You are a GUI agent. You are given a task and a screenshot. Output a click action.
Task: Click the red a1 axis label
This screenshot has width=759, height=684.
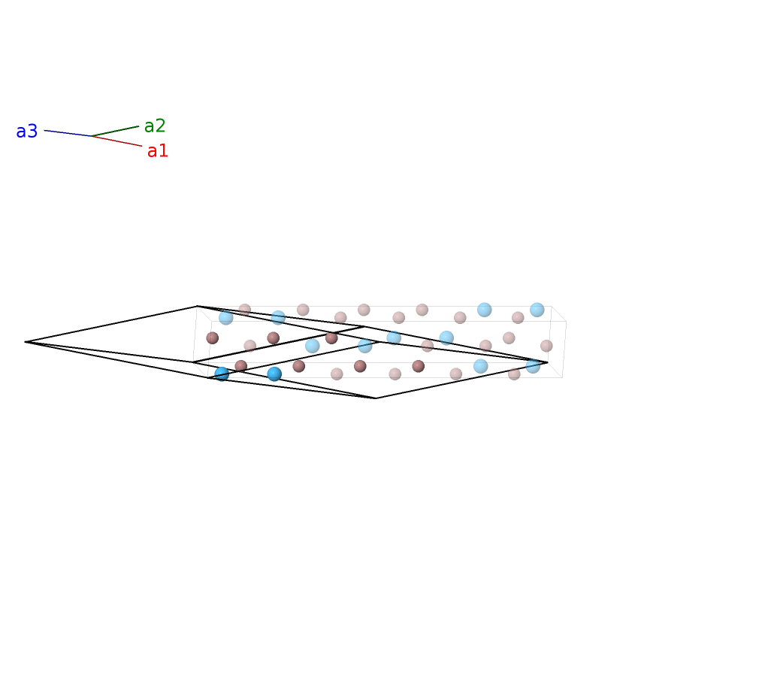(x=157, y=151)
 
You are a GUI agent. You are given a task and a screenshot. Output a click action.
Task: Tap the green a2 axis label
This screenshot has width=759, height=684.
(x=155, y=126)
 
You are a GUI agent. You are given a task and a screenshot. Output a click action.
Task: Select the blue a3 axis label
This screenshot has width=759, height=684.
(x=26, y=132)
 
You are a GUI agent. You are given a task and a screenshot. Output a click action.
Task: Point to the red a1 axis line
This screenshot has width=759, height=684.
(x=116, y=141)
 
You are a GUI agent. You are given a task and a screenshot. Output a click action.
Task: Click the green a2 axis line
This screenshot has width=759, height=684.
(x=115, y=132)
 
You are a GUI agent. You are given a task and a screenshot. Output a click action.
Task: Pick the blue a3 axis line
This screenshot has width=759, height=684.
(x=68, y=133)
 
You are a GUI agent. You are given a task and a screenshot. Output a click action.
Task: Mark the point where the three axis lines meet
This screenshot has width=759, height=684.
(x=92, y=136)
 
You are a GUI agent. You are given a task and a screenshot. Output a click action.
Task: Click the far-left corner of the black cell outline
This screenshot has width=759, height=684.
(x=25, y=342)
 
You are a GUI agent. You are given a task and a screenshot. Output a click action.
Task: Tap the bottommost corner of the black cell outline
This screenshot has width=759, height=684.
(x=376, y=398)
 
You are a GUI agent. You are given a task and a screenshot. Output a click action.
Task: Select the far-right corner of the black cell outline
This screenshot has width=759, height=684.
(x=548, y=362)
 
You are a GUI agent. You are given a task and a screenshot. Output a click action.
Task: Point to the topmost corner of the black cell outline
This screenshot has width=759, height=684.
(x=197, y=306)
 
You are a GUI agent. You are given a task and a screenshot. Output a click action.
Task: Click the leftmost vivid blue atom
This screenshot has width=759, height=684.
(x=222, y=374)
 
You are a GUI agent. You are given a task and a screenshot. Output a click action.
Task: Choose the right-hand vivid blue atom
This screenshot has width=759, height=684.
(x=274, y=374)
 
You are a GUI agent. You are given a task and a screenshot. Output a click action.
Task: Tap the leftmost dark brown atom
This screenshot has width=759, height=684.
(x=213, y=338)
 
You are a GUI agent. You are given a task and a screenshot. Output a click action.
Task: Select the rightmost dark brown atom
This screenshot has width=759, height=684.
(x=419, y=366)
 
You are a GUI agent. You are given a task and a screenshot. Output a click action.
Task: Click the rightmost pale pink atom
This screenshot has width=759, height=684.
(x=546, y=346)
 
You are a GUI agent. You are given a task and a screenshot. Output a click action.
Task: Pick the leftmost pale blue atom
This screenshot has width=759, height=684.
(x=226, y=317)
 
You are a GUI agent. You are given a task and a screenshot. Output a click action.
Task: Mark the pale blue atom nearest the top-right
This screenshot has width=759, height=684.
(x=537, y=310)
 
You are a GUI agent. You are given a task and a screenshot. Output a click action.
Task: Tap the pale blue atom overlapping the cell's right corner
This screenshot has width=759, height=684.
(x=533, y=366)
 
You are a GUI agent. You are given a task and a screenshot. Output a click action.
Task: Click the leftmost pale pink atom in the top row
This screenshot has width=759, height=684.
(x=245, y=310)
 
